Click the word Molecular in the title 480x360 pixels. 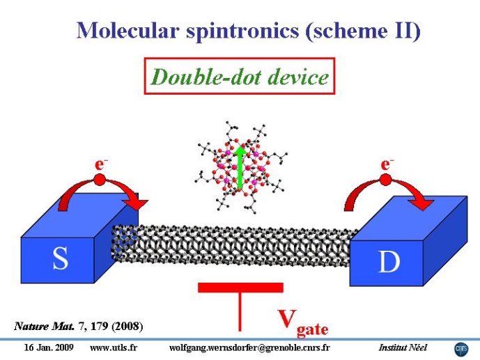[x=127, y=30]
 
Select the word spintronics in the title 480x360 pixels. [x=242, y=31]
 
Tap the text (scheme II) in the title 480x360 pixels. [x=363, y=31]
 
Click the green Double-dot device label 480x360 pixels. [x=240, y=77]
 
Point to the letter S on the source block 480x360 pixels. [x=60, y=259]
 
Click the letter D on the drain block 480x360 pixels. [x=389, y=262]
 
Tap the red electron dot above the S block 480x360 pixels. [x=99, y=180]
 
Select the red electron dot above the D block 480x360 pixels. [x=385, y=180]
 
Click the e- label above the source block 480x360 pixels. [x=101, y=164]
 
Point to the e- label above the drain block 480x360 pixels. [x=387, y=164]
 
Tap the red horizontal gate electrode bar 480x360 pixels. [x=240, y=288]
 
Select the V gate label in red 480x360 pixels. [x=303, y=323]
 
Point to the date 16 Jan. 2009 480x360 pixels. [x=49, y=347]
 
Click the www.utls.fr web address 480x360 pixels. [x=114, y=347]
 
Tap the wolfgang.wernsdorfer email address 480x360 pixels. [x=249, y=348]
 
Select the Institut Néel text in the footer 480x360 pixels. [x=403, y=347]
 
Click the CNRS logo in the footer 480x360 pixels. [x=461, y=350]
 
